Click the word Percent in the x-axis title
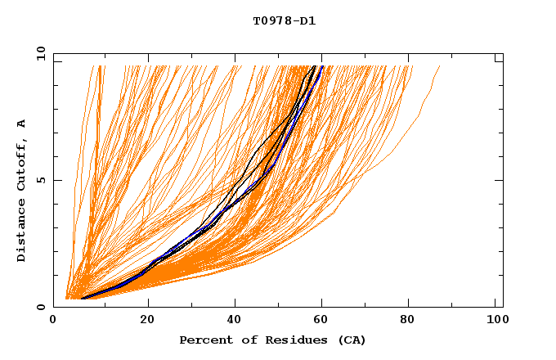[203, 340]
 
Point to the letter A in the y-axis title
[22, 123]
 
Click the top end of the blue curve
[323, 66]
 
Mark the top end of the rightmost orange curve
[440, 66]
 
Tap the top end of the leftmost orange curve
[98, 66]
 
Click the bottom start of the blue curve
[81, 298]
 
